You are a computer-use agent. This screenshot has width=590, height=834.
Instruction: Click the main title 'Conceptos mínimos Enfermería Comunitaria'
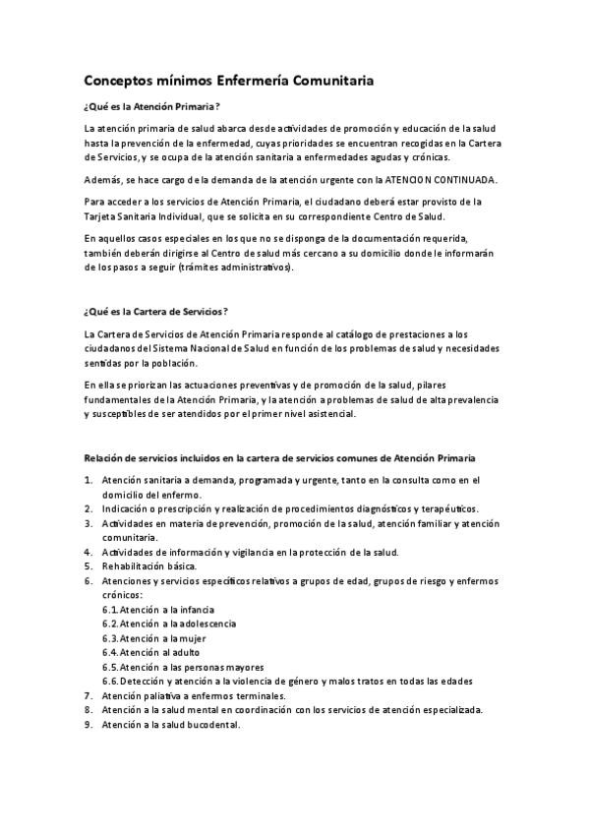[x=228, y=81]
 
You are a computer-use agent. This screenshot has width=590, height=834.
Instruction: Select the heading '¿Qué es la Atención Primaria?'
[x=151, y=106]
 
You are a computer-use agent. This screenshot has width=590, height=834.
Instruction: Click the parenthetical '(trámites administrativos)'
[x=235, y=268]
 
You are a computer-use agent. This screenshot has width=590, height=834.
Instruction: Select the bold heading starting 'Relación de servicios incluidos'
[x=279, y=458]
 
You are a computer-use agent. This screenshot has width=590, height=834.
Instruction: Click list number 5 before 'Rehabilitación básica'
[x=88, y=566]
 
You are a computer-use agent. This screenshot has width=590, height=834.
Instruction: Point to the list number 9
[x=88, y=724]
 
